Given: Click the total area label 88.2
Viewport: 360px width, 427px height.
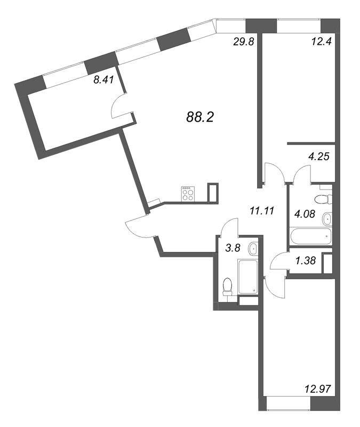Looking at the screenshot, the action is click(201, 117).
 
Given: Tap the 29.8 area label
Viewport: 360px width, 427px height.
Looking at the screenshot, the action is click(244, 42).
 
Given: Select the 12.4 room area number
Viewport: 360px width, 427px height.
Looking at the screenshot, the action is click(322, 42).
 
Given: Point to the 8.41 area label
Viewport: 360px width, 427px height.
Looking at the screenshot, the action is click(103, 80).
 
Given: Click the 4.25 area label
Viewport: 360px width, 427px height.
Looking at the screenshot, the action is click(319, 156).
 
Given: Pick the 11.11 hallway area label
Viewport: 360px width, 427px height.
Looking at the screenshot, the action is click(262, 210).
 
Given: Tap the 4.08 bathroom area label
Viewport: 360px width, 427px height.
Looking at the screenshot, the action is click(305, 214).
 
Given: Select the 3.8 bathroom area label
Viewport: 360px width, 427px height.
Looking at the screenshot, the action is click(233, 248).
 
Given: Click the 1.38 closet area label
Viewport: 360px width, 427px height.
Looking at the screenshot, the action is click(306, 260).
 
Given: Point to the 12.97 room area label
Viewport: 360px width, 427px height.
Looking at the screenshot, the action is click(318, 389).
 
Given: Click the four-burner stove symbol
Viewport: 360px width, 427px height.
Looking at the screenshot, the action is click(188, 194).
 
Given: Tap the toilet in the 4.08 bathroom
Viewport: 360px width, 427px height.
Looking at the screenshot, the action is click(324, 199).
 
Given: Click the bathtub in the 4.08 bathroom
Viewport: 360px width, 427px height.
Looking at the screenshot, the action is click(310, 236).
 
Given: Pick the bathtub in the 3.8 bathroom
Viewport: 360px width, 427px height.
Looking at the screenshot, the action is click(247, 276).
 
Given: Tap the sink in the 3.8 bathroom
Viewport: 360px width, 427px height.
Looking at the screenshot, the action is click(253, 249).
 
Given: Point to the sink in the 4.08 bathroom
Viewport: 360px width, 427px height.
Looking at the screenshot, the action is click(327, 219).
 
